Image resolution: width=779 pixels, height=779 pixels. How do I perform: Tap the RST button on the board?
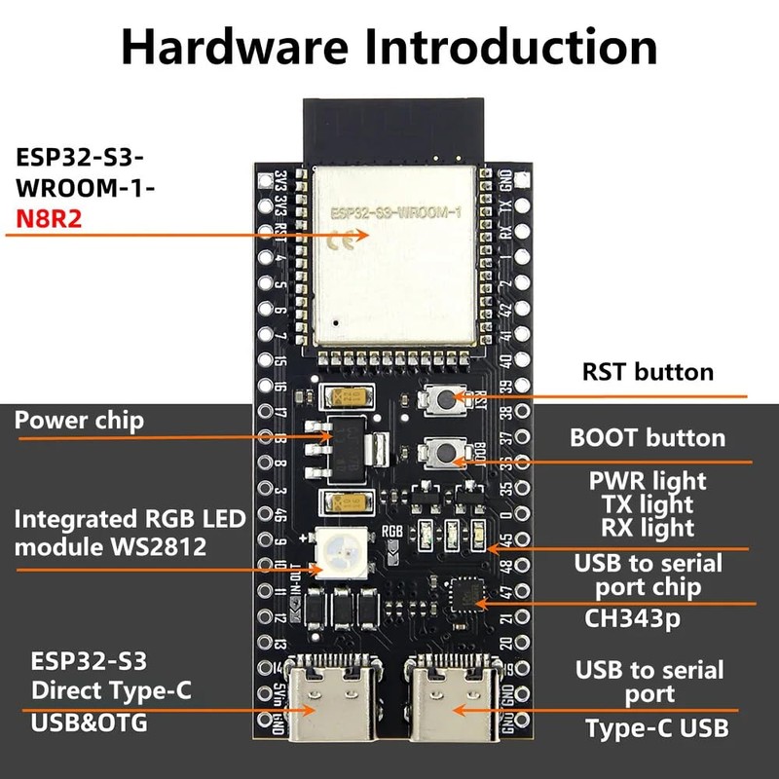(x=444, y=397)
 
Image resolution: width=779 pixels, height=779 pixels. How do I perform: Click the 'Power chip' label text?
(x=79, y=420)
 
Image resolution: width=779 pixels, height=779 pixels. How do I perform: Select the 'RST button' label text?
(x=648, y=371)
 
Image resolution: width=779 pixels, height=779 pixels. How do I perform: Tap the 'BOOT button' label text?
(x=648, y=437)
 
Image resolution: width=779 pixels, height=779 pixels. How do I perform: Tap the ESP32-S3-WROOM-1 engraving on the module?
(x=393, y=211)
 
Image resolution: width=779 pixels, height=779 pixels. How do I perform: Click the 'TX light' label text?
(x=648, y=503)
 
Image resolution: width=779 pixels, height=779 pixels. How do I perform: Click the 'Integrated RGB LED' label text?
(x=130, y=518)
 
